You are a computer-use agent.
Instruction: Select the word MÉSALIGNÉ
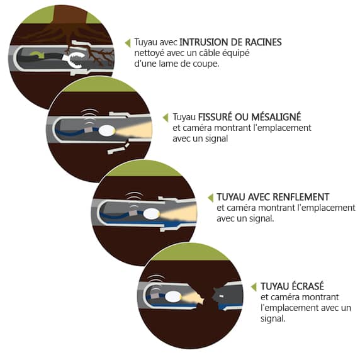(276, 116)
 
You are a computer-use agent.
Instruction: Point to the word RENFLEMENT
(301, 197)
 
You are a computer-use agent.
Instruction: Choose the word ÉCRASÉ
(308, 286)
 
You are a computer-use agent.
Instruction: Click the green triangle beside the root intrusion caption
(128, 43)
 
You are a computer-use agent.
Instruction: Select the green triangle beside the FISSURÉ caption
(166, 118)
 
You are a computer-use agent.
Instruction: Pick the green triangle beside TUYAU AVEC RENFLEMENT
(211, 198)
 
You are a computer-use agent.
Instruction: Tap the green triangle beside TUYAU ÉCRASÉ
(254, 287)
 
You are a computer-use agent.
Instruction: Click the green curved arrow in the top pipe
(36, 54)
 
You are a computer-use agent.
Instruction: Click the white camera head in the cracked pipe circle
(107, 131)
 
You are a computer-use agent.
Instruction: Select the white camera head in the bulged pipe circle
(151, 214)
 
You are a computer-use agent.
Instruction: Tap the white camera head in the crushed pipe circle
(173, 297)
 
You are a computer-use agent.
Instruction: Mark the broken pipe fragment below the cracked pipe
(118, 149)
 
